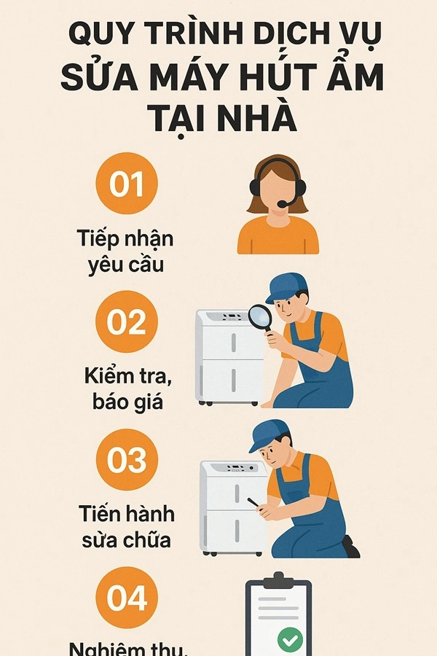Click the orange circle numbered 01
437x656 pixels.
127,184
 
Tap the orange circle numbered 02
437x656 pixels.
127,321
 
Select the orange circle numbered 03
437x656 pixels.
127,460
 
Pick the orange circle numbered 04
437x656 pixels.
127,598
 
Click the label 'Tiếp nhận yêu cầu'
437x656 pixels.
125,251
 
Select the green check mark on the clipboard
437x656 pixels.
290,640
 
